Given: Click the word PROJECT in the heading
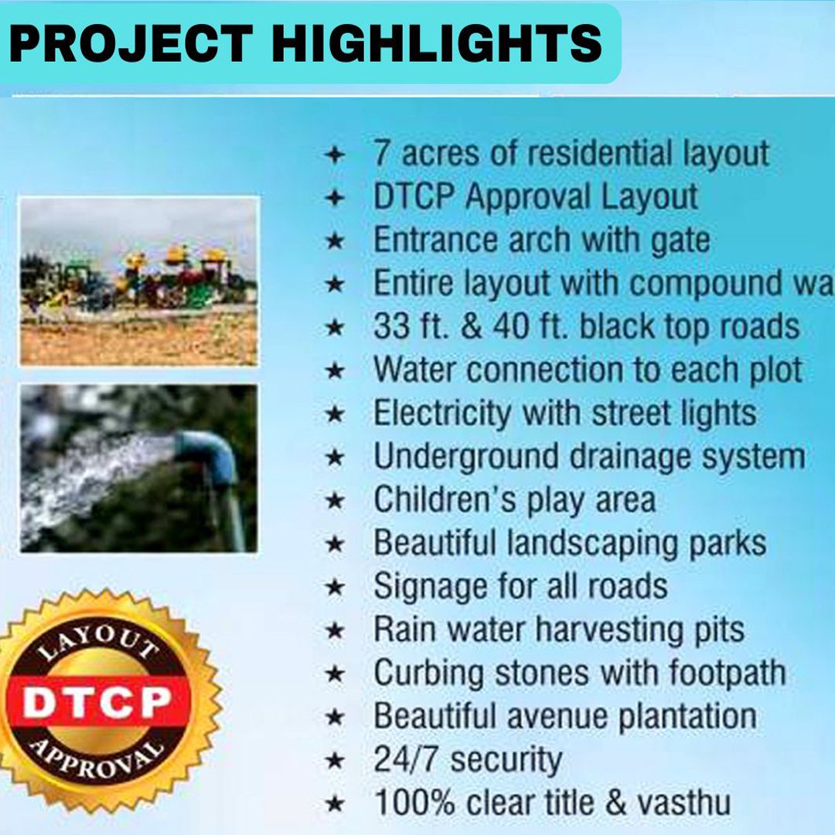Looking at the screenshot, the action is pyautogui.click(x=131, y=43).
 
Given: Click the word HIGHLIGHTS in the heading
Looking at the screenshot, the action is pyautogui.click(x=437, y=43).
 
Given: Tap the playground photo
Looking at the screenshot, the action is pyautogui.click(x=139, y=281).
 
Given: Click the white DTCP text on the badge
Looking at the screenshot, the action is pyautogui.click(x=97, y=702).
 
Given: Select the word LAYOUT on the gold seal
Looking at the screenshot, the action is pyautogui.click(x=99, y=642).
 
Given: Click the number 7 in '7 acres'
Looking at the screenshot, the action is pyautogui.click(x=381, y=153).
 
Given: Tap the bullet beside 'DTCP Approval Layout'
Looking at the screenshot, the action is pyautogui.click(x=335, y=198).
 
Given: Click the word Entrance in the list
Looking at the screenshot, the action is pyautogui.click(x=435, y=240).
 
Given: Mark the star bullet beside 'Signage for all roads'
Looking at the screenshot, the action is pyautogui.click(x=335, y=588).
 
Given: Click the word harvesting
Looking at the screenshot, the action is pyautogui.click(x=608, y=631).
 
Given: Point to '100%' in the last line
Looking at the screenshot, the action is pyautogui.click(x=415, y=803).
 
